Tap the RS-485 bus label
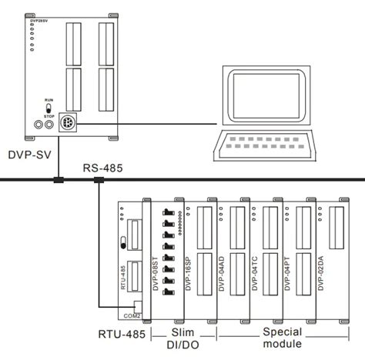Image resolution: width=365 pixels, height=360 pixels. (103, 166)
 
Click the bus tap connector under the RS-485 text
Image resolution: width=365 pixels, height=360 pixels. (98, 182)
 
